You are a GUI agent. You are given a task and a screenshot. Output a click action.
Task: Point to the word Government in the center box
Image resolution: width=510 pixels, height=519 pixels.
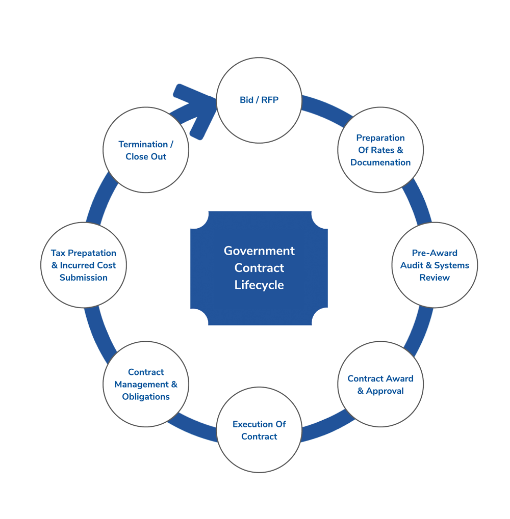click(x=259, y=251)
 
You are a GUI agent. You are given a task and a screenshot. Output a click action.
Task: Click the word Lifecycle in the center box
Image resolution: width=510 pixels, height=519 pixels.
click(x=259, y=285)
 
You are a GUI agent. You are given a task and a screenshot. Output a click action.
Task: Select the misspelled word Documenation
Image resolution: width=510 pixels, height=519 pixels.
click(x=380, y=162)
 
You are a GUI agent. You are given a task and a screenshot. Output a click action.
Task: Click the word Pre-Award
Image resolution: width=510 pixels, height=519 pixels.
click(x=435, y=253)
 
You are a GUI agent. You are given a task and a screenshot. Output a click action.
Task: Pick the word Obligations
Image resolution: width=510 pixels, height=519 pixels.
click(x=146, y=397)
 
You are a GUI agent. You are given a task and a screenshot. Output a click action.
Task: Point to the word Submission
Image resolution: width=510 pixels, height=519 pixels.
click(x=84, y=278)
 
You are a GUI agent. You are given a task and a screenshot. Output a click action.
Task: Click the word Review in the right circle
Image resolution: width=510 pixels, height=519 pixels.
click(x=435, y=278)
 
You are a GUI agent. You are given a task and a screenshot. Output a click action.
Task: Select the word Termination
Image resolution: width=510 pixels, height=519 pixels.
click(x=143, y=144)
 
